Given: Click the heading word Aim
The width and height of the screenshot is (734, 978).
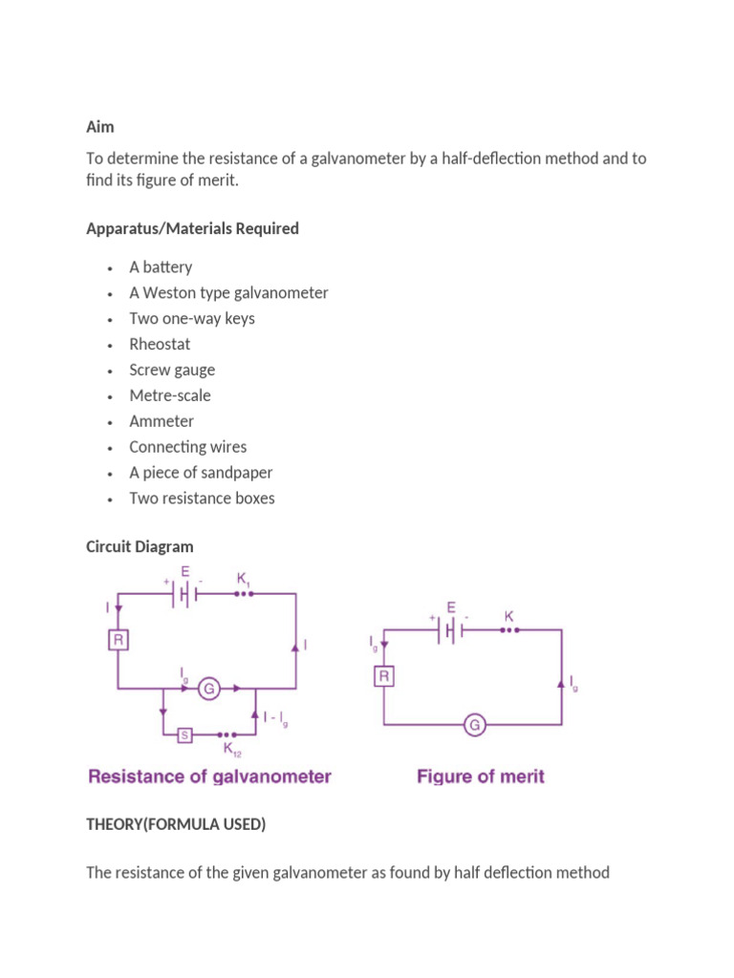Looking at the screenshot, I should point(99,126).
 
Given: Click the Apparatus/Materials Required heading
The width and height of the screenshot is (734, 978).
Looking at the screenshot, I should point(192,228).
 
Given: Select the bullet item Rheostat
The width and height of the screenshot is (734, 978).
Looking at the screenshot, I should point(160,344).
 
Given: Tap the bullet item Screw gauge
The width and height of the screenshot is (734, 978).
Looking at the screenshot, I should point(172,370).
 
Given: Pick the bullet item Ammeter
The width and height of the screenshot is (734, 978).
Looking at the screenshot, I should point(162,421).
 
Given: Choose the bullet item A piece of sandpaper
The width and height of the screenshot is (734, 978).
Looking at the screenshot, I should point(201,473).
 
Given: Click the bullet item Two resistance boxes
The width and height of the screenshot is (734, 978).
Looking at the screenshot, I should point(202,499).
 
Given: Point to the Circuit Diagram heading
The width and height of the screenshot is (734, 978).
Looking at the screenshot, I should point(140,546).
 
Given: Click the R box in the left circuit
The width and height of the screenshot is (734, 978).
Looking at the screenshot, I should point(118,640).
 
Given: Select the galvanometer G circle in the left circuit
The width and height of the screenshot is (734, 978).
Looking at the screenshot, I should point(208,688).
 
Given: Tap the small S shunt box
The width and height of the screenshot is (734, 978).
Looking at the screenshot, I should point(185,734).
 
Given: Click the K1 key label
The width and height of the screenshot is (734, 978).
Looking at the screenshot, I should point(243,577).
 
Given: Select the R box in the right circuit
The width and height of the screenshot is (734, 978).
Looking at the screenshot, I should point(383,677).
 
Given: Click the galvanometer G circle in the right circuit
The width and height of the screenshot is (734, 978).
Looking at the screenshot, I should point(473,726).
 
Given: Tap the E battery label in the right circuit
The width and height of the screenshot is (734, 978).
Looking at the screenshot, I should point(451,606).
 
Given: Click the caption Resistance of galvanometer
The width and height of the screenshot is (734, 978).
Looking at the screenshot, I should point(209,776).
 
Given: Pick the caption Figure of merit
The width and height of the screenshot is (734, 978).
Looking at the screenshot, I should point(481,776).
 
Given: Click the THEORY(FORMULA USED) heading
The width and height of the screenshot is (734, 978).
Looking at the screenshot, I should point(176,824).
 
